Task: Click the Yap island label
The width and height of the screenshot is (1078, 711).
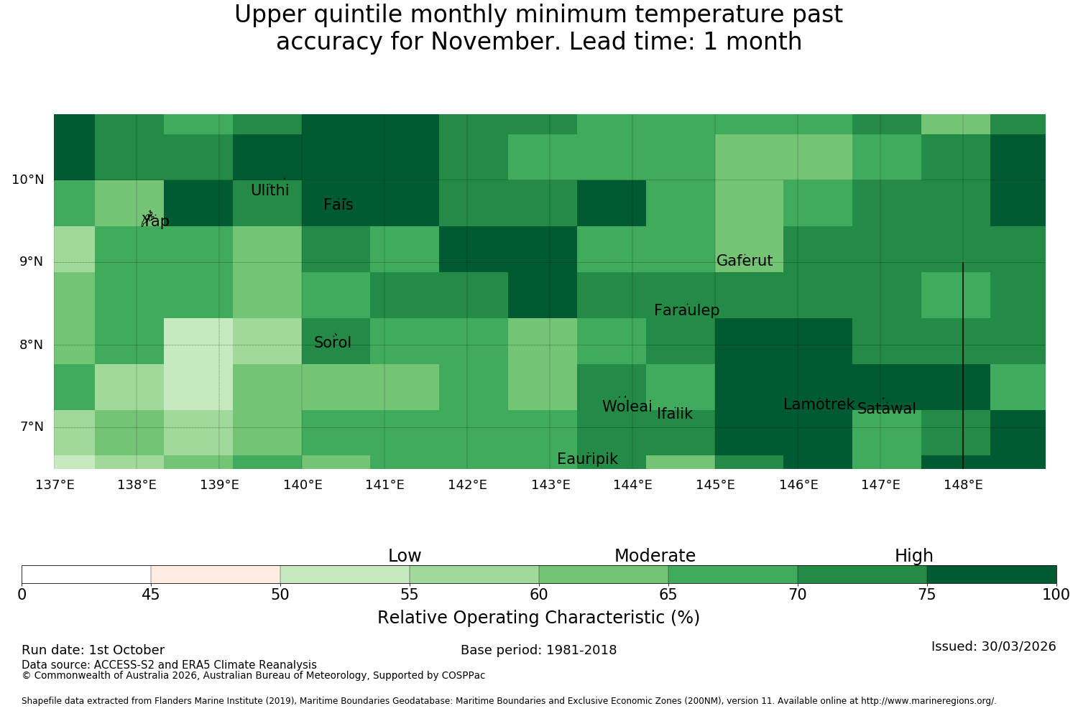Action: (x=155, y=220)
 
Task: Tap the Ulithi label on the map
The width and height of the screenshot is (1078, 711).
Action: (x=270, y=190)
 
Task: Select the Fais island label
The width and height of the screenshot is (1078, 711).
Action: (x=338, y=205)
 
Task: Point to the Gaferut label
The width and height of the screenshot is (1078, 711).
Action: (x=745, y=260)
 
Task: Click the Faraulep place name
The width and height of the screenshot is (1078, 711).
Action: (x=687, y=310)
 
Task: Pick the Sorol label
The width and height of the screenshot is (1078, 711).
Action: (x=333, y=342)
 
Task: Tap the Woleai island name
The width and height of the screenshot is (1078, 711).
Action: (x=627, y=406)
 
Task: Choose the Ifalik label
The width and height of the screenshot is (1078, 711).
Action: (x=675, y=413)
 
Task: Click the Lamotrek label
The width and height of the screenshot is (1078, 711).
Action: (x=819, y=404)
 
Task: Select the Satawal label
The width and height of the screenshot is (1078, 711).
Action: (x=886, y=409)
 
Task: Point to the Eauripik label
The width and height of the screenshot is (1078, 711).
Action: (x=587, y=458)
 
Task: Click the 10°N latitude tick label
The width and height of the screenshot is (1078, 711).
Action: (x=28, y=180)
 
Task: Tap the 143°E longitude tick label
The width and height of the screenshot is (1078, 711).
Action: (x=550, y=485)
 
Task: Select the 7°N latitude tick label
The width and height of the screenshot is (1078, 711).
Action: (x=32, y=427)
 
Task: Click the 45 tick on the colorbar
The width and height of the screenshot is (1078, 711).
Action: (x=151, y=595)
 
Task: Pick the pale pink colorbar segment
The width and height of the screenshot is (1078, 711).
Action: (x=216, y=575)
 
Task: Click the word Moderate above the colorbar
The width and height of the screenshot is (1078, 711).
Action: (x=655, y=556)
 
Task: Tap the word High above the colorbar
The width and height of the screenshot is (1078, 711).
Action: (x=914, y=556)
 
